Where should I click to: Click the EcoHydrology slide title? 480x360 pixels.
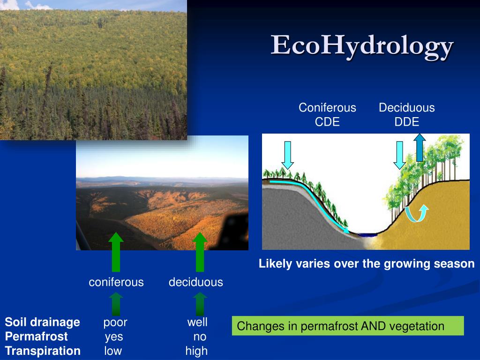pyautogui.click(x=362, y=46)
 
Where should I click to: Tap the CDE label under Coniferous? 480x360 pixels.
pyautogui.click(x=327, y=122)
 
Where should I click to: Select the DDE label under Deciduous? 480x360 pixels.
pyautogui.click(x=406, y=122)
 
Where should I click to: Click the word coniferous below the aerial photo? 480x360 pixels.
pyautogui.click(x=116, y=282)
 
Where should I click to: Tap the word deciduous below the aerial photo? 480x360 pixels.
pyautogui.click(x=196, y=282)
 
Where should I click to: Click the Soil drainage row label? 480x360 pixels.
pyautogui.click(x=42, y=322)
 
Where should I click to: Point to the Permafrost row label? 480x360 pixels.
pyautogui.click(x=36, y=337)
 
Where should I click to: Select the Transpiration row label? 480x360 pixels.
pyautogui.click(x=43, y=351)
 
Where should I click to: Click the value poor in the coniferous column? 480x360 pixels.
pyautogui.click(x=115, y=322)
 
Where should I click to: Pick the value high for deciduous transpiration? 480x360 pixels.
pyautogui.click(x=196, y=351)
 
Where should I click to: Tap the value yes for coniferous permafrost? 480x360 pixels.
pyautogui.click(x=113, y=337)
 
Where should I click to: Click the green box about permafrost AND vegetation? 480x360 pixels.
pyautogui.click(x=347, y=326)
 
